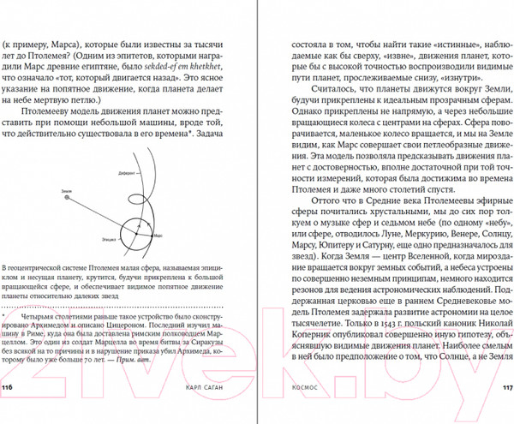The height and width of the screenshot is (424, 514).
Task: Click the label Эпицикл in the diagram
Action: pyautogui.click(x=107, y=233)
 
